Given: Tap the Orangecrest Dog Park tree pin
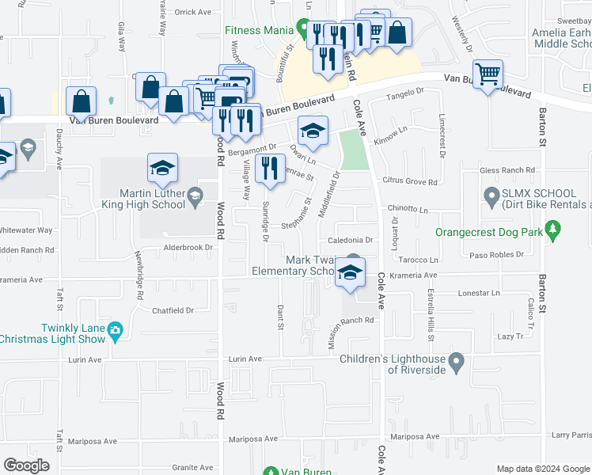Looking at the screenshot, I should [x=554, y=231].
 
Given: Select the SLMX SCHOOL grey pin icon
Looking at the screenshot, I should [x=491, y=194].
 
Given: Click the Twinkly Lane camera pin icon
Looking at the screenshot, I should [x=116, y=329].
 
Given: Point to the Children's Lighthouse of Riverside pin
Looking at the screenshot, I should [x=455, y=363].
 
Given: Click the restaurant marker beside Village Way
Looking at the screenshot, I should [x=271, y=169].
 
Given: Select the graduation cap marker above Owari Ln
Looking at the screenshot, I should [x=313, y=131].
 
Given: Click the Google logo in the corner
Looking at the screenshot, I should [x=26, y=465].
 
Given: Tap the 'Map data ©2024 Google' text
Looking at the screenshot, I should [x=542, y=469].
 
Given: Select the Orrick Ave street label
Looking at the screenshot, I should [x=193, y=12].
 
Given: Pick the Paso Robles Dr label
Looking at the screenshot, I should [x=497, y=255].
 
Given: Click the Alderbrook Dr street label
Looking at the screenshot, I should [x=188, y=247].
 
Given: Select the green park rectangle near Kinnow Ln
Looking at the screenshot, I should [x=355, y=150].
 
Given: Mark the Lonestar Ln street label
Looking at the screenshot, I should [x=479, y=293].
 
